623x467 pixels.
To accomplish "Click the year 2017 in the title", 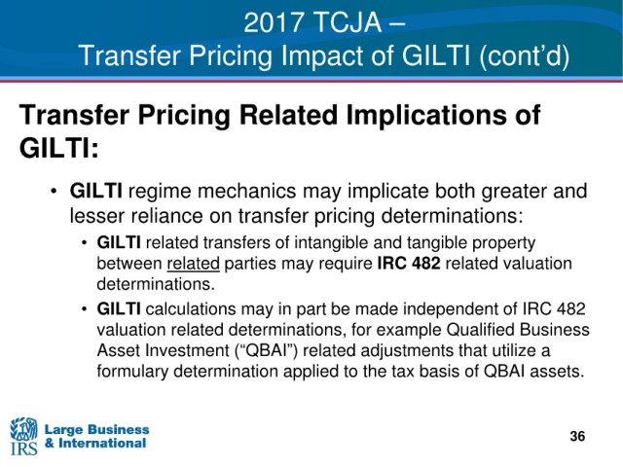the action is (x=274, y=22).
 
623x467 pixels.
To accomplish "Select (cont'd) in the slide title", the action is (x=524, y=56).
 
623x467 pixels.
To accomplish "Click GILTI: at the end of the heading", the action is (x=58, y=149).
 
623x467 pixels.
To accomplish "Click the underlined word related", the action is (x=193, y=264).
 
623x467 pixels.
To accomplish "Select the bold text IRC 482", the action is (x=409, y=264).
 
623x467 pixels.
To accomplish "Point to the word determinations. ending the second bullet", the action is (x=156, y=284).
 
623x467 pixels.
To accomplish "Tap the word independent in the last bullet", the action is (x=460, y=309).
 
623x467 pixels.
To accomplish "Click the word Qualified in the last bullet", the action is (x=478, y=330).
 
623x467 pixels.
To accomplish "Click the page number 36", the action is (x=577, y=436).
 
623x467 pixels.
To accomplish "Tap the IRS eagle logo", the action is (x=23, y=436).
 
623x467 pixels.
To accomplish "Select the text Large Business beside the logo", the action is (x=97, y=429).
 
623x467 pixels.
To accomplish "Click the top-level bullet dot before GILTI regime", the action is (x=55, y=192).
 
